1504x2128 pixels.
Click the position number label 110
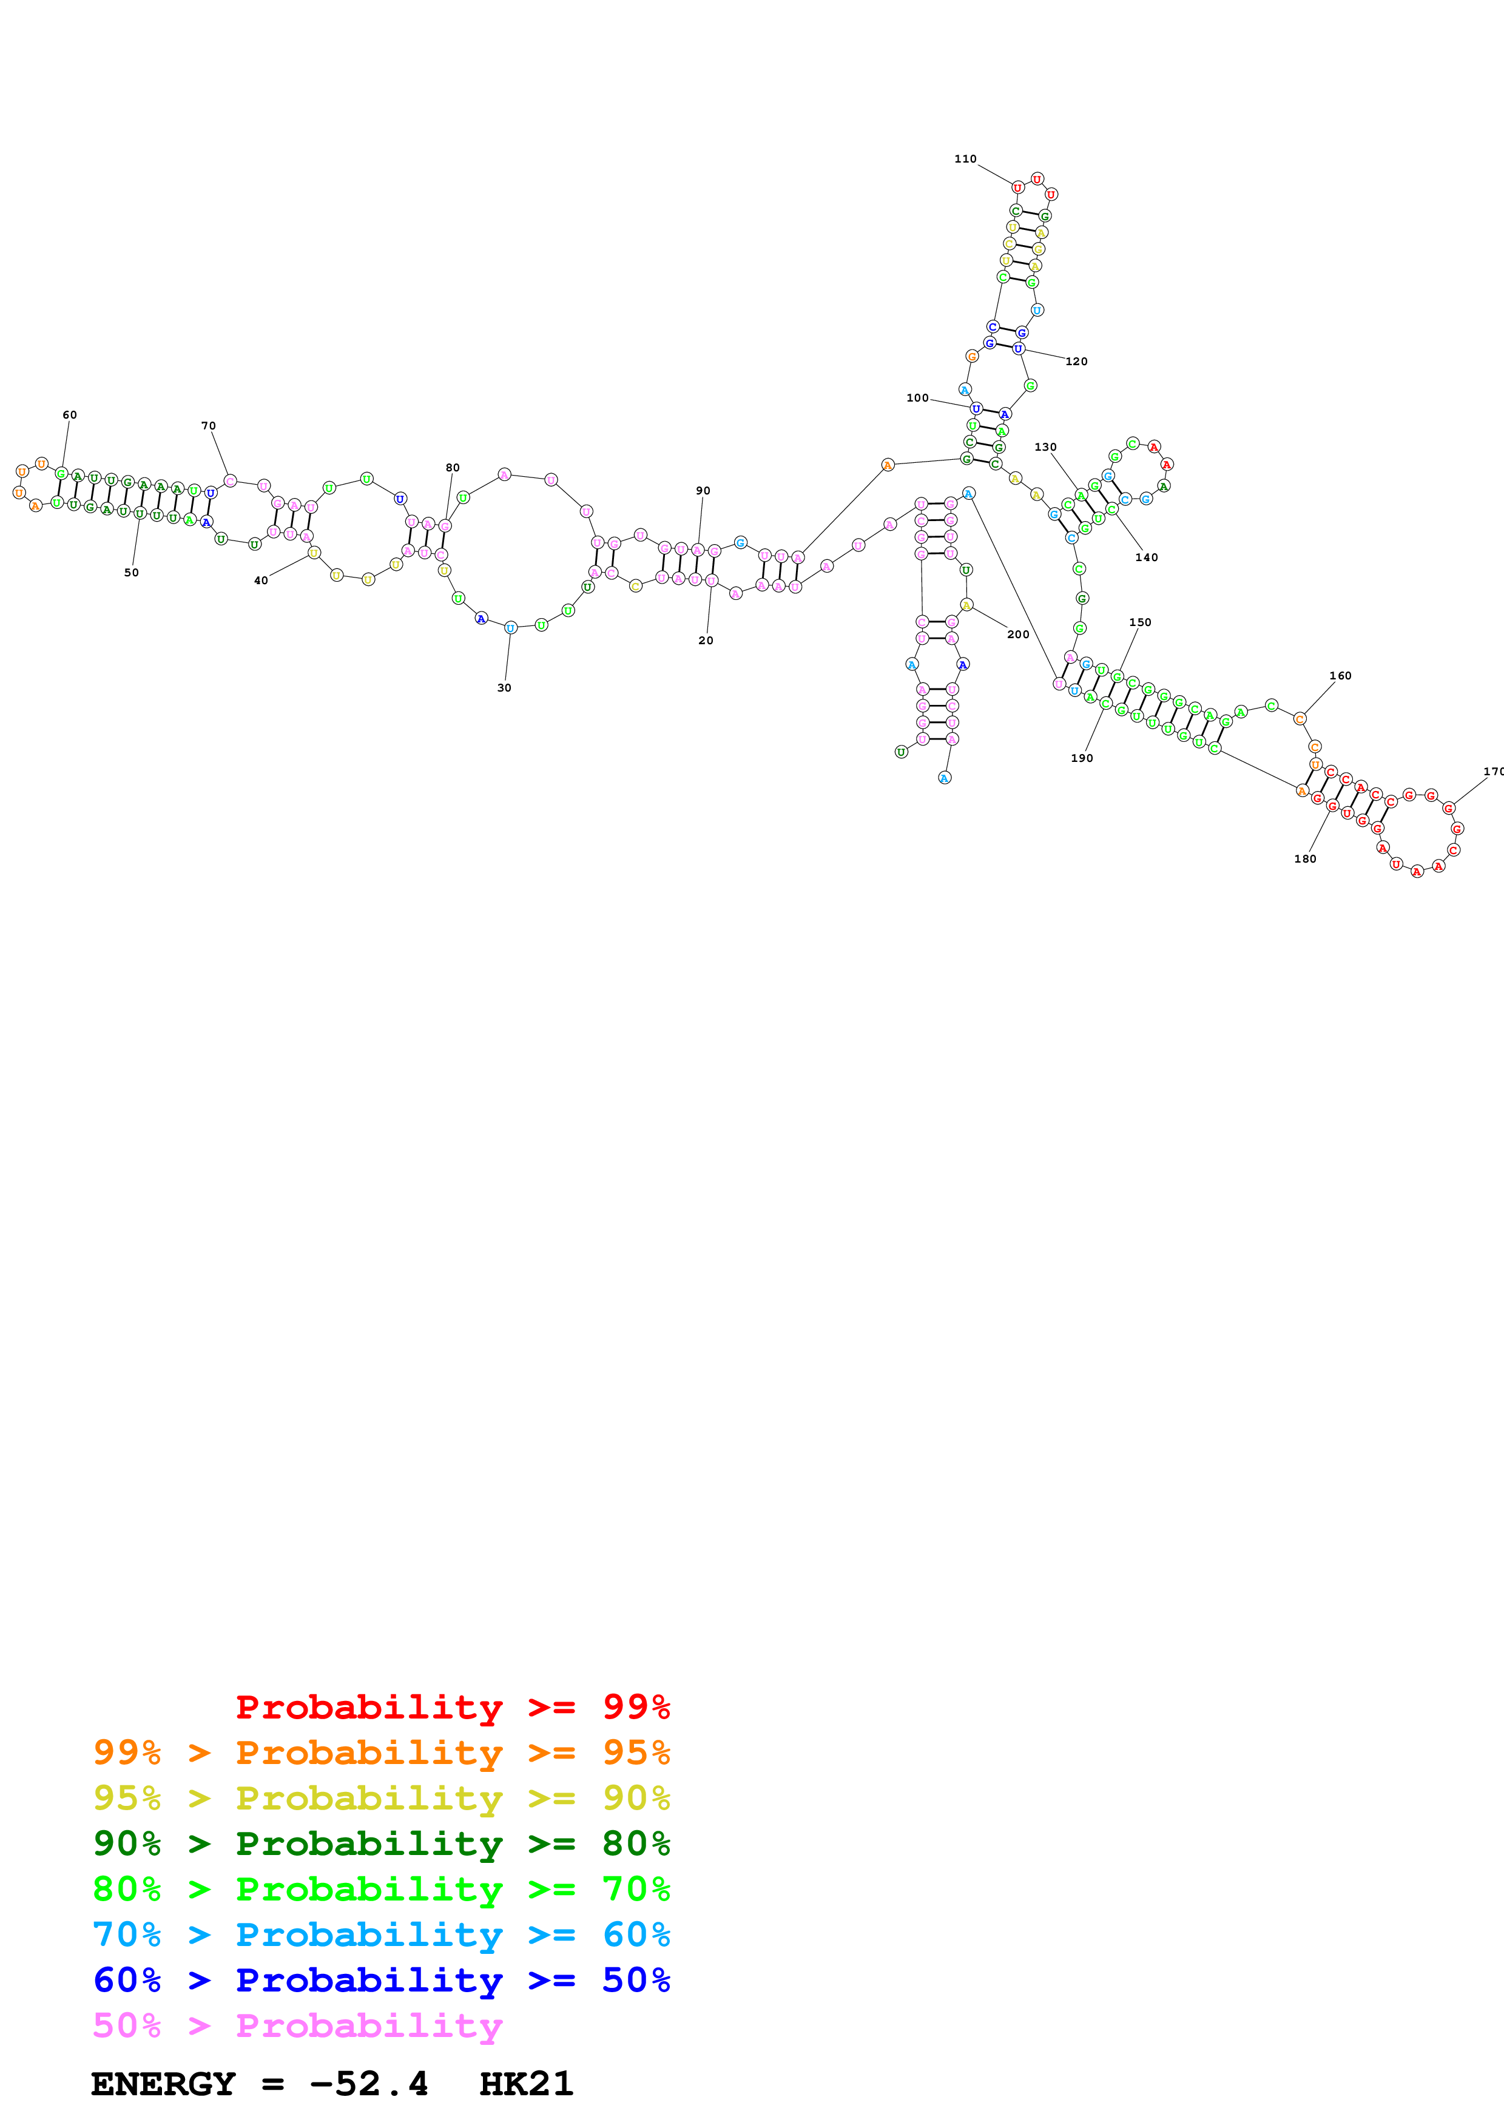(965, 158)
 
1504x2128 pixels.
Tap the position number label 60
(70, 414)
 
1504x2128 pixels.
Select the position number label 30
(504, 688)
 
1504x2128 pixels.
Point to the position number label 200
(1017, 634)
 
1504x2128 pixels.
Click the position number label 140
(1146, 557)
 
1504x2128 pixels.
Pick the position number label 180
(1305, 858)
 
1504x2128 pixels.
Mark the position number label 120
(1076, 362)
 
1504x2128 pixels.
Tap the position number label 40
(261, 580)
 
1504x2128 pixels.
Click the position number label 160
(1340, 676)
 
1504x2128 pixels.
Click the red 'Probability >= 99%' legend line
(452, 1706)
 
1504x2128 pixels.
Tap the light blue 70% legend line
(381, 1934)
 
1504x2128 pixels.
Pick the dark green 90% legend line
(381, 1843)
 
